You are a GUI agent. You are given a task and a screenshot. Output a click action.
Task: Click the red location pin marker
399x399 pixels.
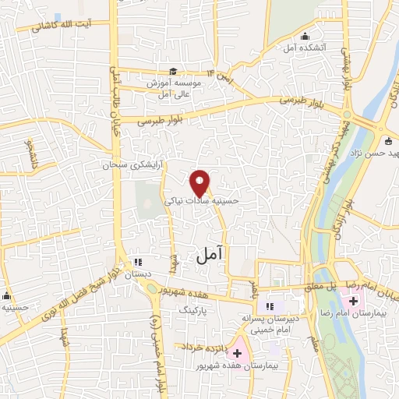coord(200,183)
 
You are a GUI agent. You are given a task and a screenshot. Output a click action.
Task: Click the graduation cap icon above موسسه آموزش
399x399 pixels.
coord(176,69)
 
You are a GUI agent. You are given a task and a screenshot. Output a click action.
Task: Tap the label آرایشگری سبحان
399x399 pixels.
coord(135,165)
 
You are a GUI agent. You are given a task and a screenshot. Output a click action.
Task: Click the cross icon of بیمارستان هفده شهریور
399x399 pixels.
coord(237,353)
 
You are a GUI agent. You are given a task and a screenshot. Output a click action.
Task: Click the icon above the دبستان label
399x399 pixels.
coord(138,263)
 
